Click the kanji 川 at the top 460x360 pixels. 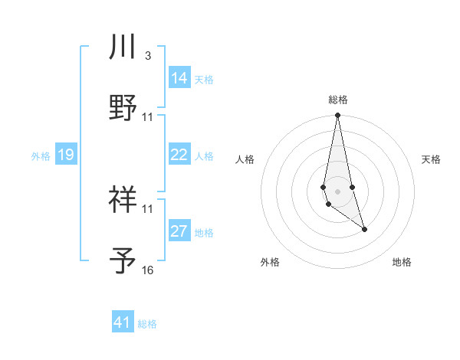123,47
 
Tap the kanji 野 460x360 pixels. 123,107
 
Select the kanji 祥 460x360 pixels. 123,200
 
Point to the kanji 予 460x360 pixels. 123,260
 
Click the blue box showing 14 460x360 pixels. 179,78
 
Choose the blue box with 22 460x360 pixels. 179,155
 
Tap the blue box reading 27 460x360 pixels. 179,231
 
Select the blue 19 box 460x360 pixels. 65,155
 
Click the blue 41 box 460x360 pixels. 123,322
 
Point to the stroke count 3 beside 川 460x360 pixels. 147,56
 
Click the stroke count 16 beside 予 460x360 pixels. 148,270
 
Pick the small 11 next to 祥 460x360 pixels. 148,208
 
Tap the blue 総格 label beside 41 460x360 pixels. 147,324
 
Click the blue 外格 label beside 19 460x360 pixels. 41,156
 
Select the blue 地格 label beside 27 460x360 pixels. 204,233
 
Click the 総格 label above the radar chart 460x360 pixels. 337,100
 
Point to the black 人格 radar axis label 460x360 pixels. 245,159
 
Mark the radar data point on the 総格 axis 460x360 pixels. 337,116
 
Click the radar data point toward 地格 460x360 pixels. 364,229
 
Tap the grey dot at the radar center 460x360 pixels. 337,190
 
